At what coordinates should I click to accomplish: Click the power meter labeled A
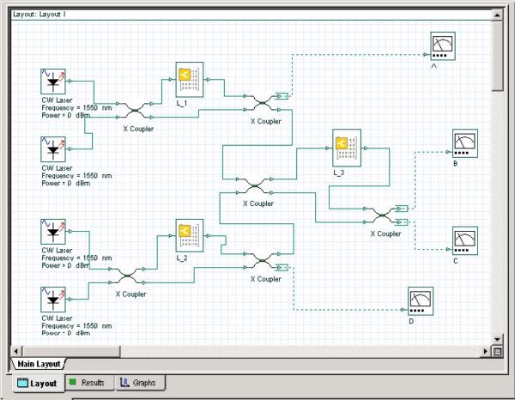pos(443,45)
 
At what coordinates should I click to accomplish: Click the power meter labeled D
pos(420,300)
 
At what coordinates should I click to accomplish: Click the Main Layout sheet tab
pos(39,364)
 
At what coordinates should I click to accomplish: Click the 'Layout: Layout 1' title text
pos(39,15)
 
